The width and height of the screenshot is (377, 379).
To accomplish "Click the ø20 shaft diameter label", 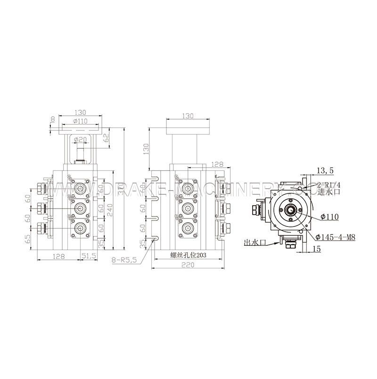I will point(81,139).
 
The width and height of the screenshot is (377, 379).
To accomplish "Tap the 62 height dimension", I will point(106,138).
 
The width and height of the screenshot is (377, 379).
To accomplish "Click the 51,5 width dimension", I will point(90,255).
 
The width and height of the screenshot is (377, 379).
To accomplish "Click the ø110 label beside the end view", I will point(329,217).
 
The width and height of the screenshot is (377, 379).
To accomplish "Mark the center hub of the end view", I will point(289,210).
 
